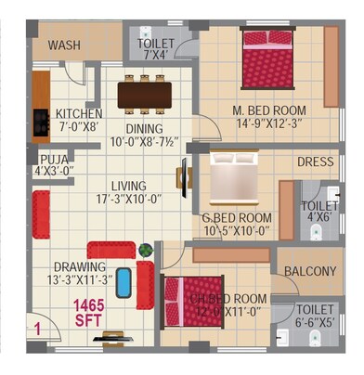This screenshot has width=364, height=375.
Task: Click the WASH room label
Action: pyautogui.click(x=63, y=45)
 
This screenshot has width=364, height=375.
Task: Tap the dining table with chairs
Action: pyautogui.click(x=144, y=95)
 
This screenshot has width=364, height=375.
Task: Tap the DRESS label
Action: pyautogui.click(x=315, y=162)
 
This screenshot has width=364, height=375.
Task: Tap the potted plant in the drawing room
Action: pyautogui.click(x=145, y=250)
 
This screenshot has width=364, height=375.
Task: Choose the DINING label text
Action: pyautogui.click(x=143, y=129)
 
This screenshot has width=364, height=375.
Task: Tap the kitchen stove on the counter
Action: pyautogui.click(x=41, y=119)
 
